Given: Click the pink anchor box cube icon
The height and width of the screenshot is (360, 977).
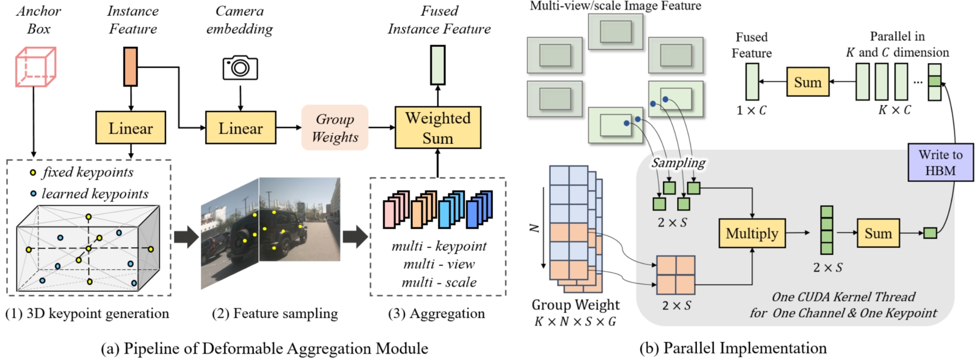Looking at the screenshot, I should click(x=35, y=67).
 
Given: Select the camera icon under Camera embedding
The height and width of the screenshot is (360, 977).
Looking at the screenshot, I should click(x=240, y=68).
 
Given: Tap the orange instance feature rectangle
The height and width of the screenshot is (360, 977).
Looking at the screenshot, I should click(x=130, y=67).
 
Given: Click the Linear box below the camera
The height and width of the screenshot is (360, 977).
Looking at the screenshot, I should click(x=240, y=128).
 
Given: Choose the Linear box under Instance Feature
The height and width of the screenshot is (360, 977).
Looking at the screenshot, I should click(x=130, y=128).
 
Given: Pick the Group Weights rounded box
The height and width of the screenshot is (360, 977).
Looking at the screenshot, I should click(x=334, y=128).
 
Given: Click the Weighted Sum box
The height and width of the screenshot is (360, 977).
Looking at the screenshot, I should click(x=437, y=128).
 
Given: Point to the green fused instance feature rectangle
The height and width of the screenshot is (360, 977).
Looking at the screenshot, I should click(x=437, y=65).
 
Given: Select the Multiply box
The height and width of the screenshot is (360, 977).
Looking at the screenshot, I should click(x=751, y=233).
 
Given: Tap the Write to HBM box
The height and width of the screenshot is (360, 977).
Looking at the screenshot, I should click(x=940, y=162).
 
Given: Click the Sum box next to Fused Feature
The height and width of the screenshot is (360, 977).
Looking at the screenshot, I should click(x=807, y=82).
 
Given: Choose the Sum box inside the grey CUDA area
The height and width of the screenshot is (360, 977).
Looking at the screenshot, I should click(x=878, y=233).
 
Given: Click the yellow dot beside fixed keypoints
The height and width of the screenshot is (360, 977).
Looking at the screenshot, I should click(x=33, y=173).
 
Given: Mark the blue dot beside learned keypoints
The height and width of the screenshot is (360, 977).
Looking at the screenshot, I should click(x=33, y=193).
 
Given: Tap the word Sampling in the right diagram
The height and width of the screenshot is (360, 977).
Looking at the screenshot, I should click(x=678, y=162).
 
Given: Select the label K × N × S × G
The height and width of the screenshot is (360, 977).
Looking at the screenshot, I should click(x=575, y=321).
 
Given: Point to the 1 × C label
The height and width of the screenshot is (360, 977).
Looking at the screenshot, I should click(x=751, y=110).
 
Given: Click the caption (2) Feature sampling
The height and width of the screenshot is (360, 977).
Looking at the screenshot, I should click(x=275, y=314).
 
